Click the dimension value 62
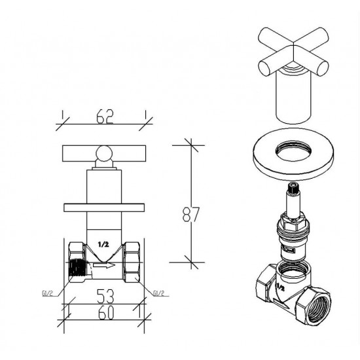click(105, 117)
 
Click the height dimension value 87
click(191, 214)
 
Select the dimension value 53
click(105, 296)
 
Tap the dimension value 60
click(106, 313)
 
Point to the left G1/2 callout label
click(48, 293)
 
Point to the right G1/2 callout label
click(158, 293)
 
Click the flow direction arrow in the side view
click(104, 265)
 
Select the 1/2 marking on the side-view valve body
click(103, 245)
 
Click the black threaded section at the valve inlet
click(77, 267)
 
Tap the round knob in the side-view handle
click(104, 153)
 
